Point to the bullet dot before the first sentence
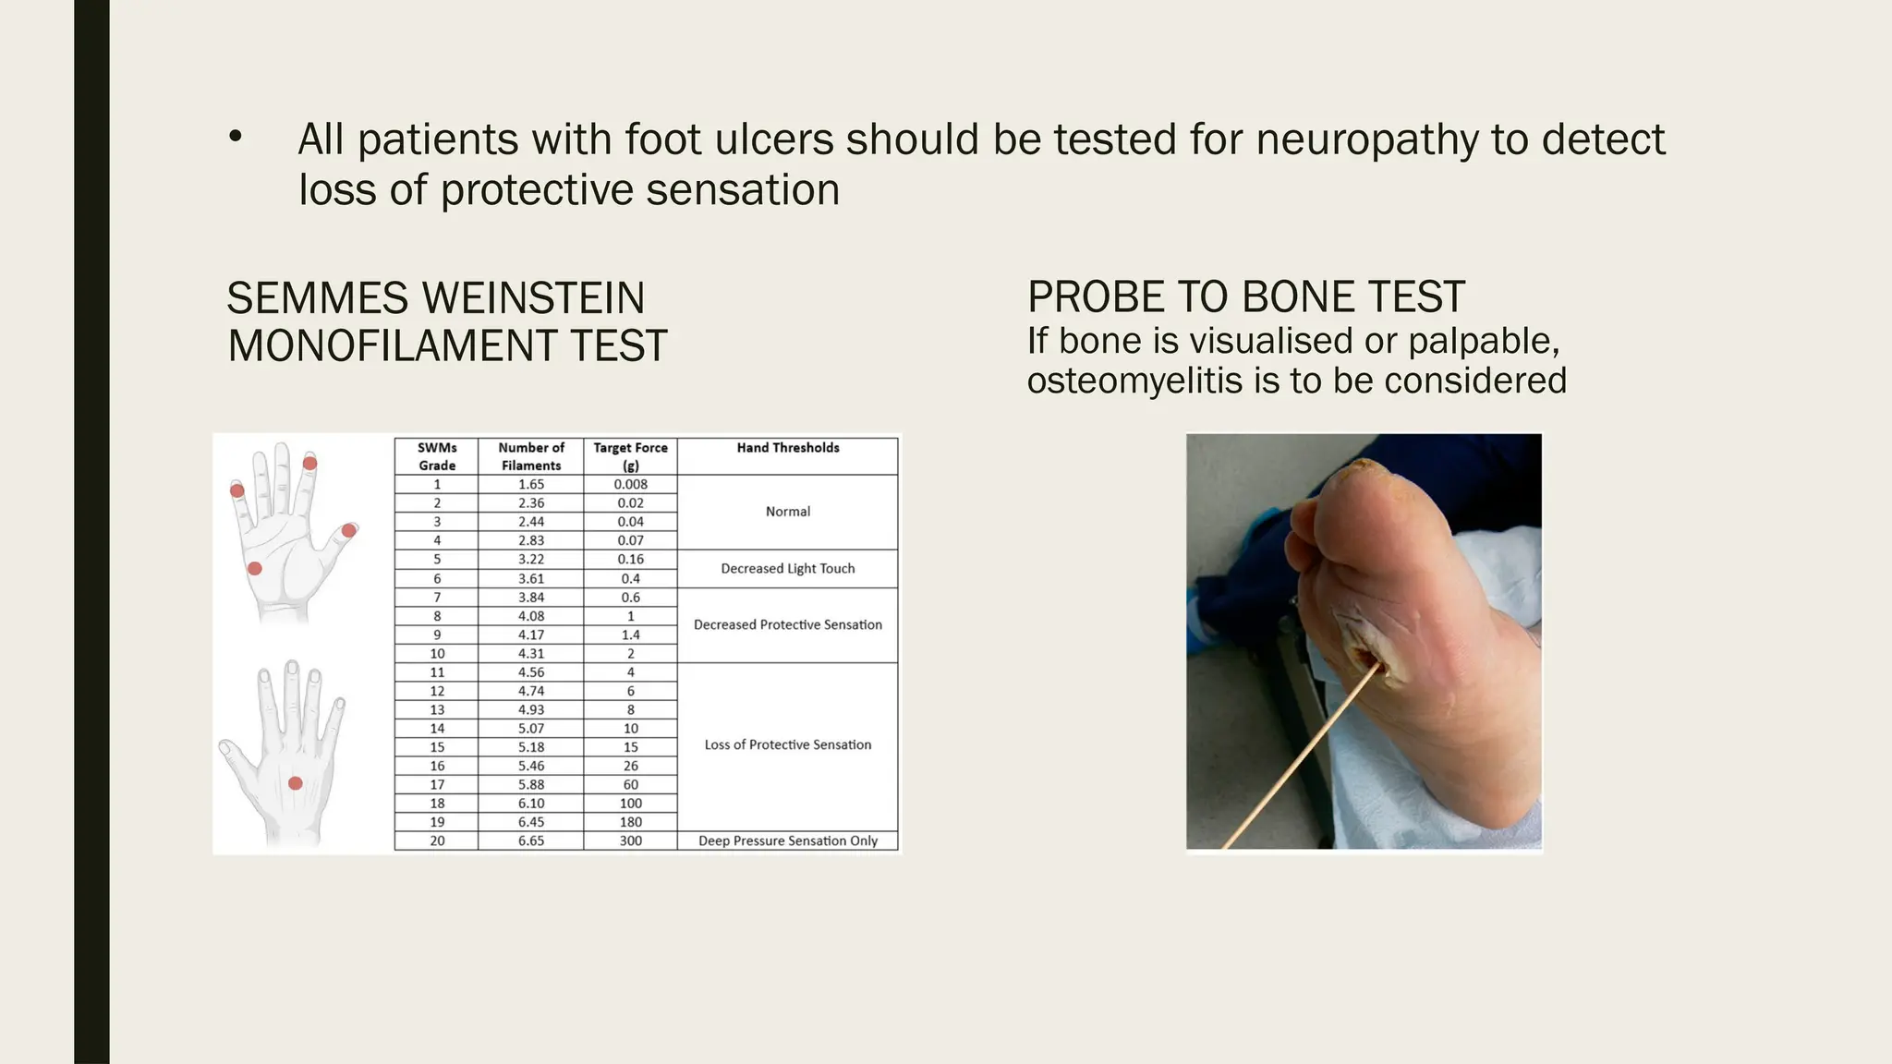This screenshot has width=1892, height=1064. [236, 138]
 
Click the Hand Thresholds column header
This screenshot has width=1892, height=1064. [787, 448]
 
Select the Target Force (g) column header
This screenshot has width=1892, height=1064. [630, 456]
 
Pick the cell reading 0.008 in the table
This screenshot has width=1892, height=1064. [630, 484]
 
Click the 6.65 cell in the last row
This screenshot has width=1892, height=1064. [531, 840]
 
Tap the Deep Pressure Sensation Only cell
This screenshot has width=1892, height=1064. [787, 840]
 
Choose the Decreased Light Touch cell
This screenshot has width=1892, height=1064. [787, 569]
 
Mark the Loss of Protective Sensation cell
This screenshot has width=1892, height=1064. [787, 745]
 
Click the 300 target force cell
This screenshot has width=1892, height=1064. [630, 840]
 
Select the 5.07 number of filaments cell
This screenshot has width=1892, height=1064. [531, 729]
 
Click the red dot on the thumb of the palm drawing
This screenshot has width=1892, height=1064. [349, 530]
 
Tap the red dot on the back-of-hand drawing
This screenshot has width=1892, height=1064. [296, 783]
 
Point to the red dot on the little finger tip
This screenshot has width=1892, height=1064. [237, 490]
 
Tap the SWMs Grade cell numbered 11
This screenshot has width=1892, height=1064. [437, 672]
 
